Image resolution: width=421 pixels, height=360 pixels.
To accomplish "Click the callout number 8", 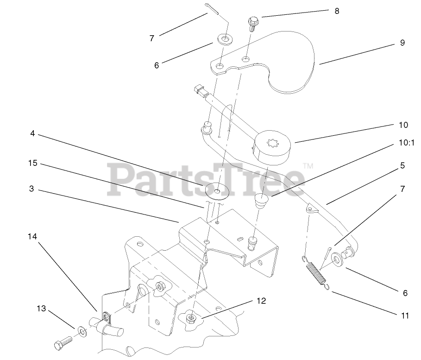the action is pyautogui.click(x=337, y=10).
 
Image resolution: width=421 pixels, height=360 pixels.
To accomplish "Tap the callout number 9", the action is pyautogui.click(x=402, y=43).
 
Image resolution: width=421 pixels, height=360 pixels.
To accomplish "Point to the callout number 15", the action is pyautogui.click(x=32, y=164).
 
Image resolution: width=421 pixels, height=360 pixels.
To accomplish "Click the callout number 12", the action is pyautogui.click(x=261, y=301).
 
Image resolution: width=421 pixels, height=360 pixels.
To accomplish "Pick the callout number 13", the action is pyautogui.click(x=42, y=309).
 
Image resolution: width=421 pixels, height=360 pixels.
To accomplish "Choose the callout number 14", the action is pyautogui.click(x=32, y=236).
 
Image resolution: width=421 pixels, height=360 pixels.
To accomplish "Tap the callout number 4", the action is pyautogui.click(x=32, y=134).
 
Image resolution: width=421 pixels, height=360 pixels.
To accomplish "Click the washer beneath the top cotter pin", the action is pyautogui.click(x=225, y=39).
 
